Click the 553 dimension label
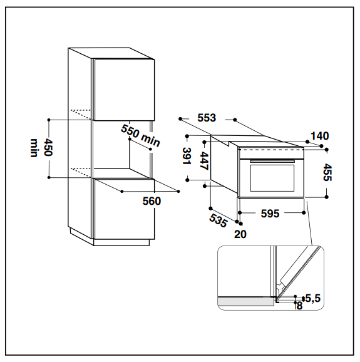pos(207,118)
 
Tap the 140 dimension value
pos(319,136)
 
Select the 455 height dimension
pos(327,172)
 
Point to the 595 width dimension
pos(270,214)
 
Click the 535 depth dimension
pos(218,220)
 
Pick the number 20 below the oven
pos(240,234)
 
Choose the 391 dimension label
pos(187,156)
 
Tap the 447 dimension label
pos(204,161)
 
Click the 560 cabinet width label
pos(152,201)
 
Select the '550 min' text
pos(140,135)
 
